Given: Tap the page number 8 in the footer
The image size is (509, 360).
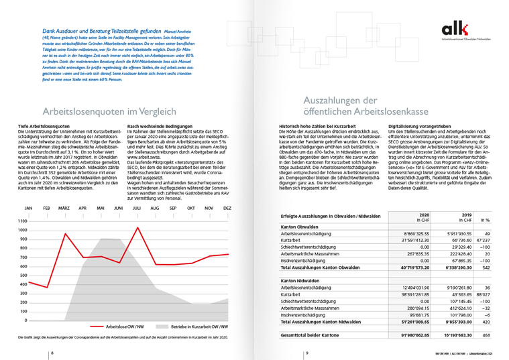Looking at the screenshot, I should click(52, 353).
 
